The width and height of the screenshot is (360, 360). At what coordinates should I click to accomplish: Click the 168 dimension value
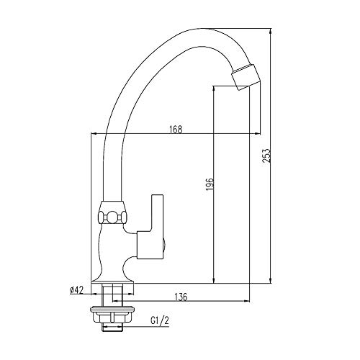[176, 129]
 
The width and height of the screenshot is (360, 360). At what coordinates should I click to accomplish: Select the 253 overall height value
[266, 156]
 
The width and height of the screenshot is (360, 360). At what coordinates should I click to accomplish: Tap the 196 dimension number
[210, 184]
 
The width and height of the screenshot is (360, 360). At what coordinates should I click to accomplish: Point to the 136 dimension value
[181, 297]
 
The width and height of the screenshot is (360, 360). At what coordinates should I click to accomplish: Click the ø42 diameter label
[76, 290]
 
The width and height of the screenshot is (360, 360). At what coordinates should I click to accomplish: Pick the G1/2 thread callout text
[160, 320]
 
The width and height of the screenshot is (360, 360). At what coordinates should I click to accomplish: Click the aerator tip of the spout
[246, 76]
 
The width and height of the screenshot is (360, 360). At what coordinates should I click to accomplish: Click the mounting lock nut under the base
[112, 315]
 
